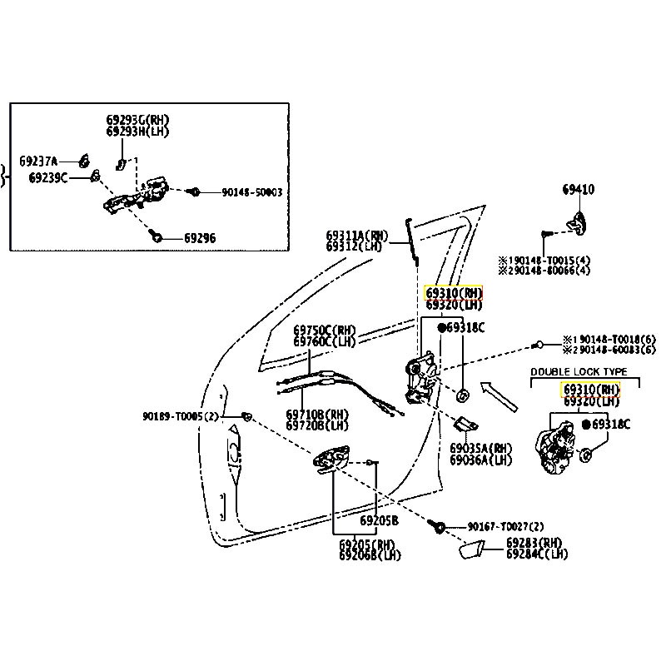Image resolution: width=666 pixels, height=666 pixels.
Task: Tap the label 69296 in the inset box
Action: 199,238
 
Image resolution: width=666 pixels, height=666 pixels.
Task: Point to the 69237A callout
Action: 38,161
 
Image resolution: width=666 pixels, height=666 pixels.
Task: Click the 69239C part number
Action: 48,177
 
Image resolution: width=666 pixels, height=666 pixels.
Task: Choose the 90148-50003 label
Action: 251,192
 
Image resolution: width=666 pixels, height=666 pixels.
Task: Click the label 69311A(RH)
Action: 357,236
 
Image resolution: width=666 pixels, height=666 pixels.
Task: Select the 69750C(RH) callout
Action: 324,330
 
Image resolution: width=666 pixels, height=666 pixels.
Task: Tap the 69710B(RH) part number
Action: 317,414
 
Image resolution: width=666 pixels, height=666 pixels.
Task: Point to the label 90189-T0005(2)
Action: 178,415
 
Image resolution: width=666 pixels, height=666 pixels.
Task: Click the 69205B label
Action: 379,520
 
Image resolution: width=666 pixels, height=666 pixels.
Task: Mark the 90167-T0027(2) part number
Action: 505,527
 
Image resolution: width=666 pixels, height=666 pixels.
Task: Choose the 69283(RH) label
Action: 534,542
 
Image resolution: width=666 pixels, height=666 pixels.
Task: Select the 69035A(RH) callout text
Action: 481,448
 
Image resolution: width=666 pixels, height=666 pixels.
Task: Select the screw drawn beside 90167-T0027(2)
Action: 439,527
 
